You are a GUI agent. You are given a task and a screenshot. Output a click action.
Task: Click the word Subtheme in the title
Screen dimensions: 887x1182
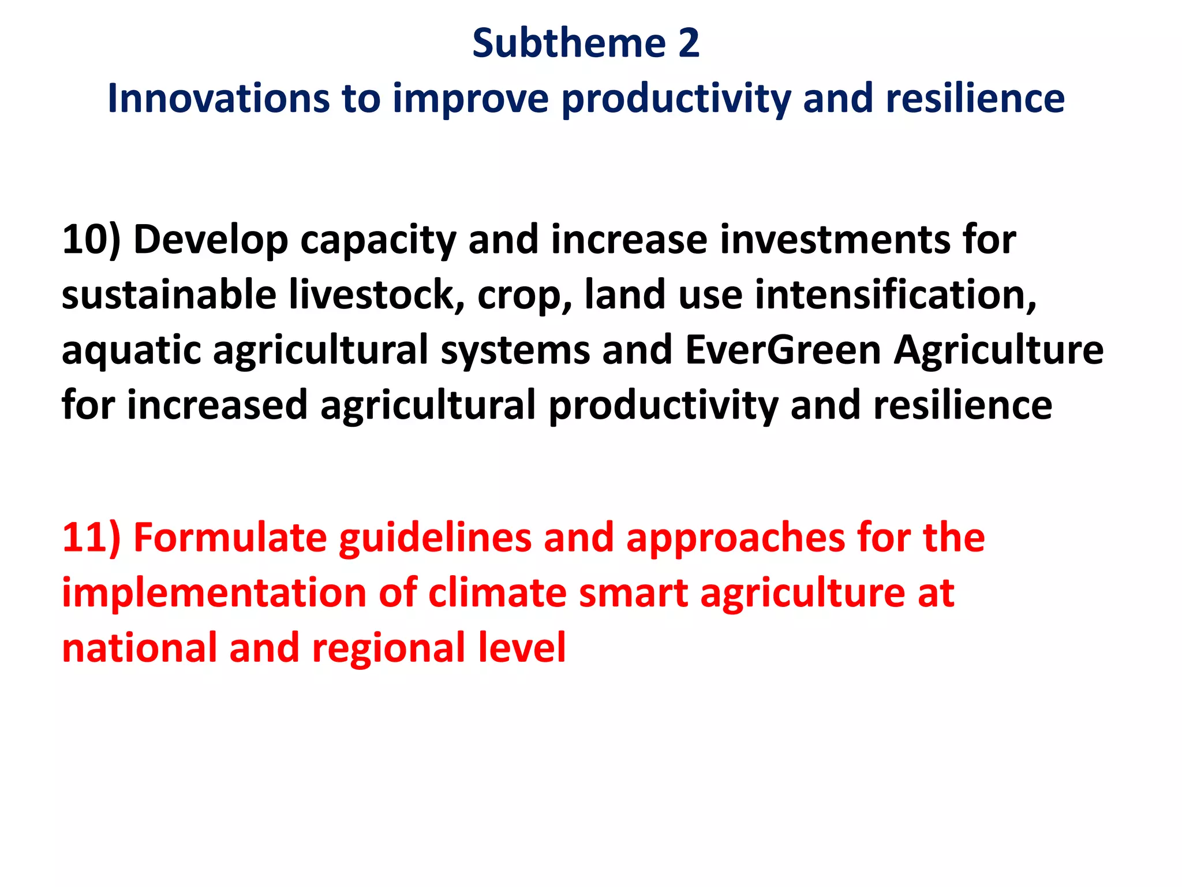pyautogui.click(x=569, y=43)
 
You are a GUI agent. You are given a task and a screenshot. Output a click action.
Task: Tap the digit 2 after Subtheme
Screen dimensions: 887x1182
pyautogui.click(x=689, y=43)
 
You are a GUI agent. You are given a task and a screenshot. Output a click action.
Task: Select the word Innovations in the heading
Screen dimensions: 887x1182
pyautogui.click(x=218, y=98)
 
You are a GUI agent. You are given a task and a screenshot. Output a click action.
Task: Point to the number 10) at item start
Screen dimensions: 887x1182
pyautogui.click(x=91, y=240)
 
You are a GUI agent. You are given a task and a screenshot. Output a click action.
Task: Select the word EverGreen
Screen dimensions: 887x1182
pyautogui.click(x=783, y=351)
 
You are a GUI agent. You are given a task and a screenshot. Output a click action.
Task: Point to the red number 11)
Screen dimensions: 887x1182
pyautogui.click(x=91, y=538)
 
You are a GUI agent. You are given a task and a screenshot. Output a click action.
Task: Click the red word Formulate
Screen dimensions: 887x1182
pyautogui.click(x=230, y=538)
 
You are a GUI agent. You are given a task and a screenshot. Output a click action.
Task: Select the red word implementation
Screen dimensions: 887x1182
pyautogui.click(x=214, y=594)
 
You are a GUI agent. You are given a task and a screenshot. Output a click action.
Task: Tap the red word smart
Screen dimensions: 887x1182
pyautogui.click(x=633, y=594)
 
